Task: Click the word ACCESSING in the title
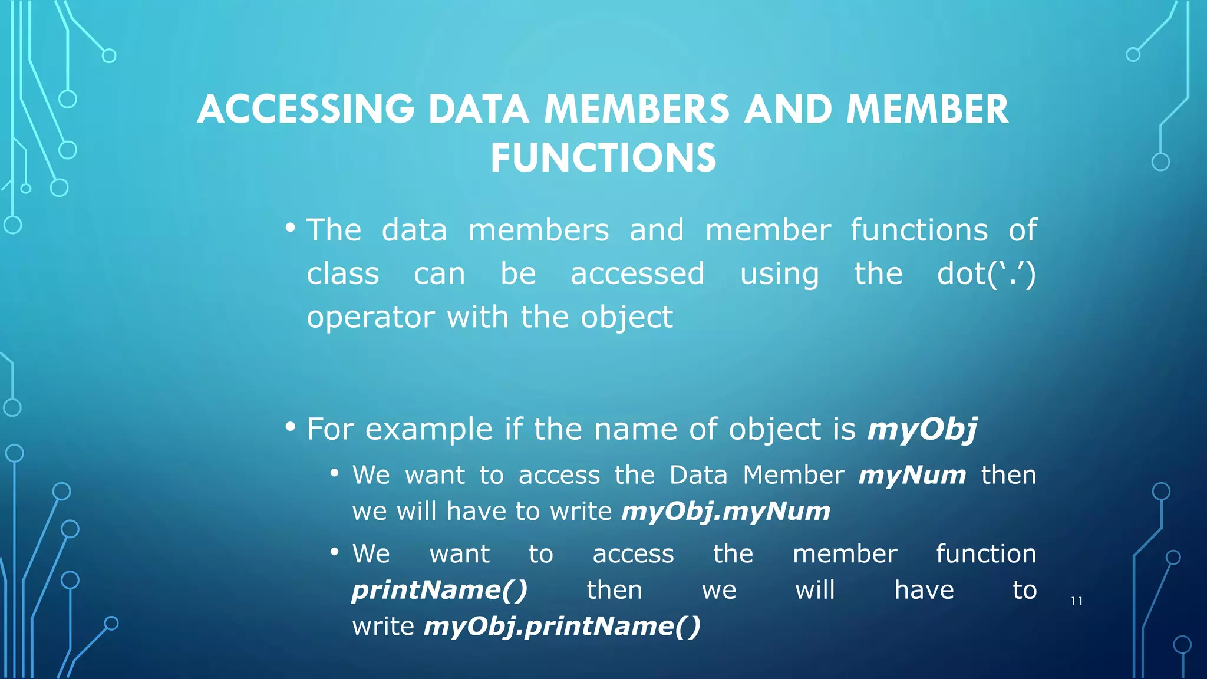pos(306,110)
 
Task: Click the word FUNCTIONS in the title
pos(603,159)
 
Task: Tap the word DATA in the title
pos(478,110)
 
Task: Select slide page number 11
pos(1077,601)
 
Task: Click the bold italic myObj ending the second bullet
pos(922,430)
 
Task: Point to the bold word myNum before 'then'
pos(912,475)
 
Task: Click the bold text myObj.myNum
pos(725,512)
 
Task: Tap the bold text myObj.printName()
pos(562,626)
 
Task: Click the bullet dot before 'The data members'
pos(289,228)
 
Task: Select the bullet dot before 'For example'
pos(289,426)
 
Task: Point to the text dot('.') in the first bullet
pos(986,274)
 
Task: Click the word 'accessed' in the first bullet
pos(637,274)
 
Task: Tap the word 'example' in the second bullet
pos(429,430)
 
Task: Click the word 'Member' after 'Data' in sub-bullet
pos(793,475)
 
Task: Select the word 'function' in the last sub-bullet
pos(986,554)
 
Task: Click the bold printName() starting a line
pos(440,590)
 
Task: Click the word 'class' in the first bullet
pos(342,274)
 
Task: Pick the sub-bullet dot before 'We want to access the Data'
pos(335,473)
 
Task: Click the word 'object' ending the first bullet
pos(626,318)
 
